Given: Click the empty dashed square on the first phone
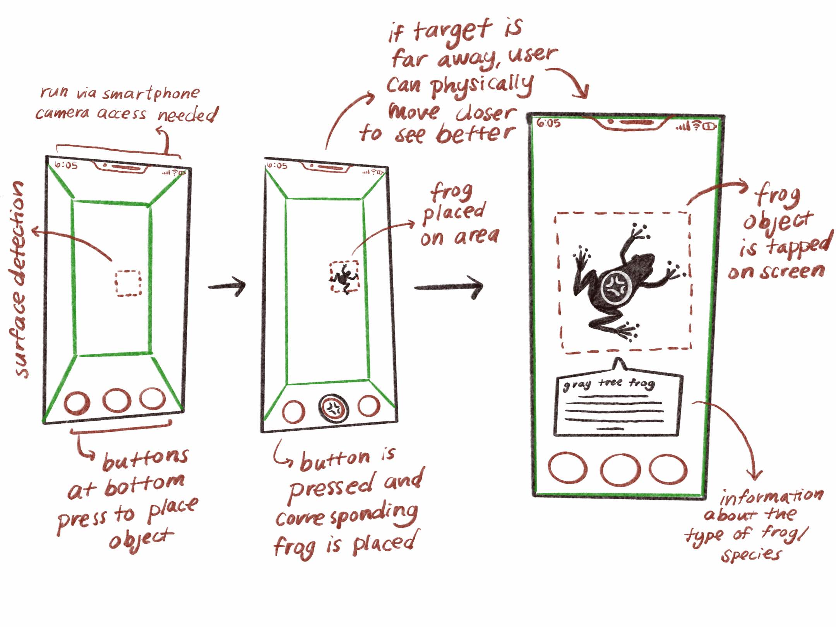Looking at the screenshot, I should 128,283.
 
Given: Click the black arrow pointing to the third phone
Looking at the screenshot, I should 449,287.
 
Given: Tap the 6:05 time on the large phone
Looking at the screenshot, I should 548,123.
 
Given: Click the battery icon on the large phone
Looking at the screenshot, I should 710,126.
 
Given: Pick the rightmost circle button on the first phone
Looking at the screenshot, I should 152,399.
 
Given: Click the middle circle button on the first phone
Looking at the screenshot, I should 116,400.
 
